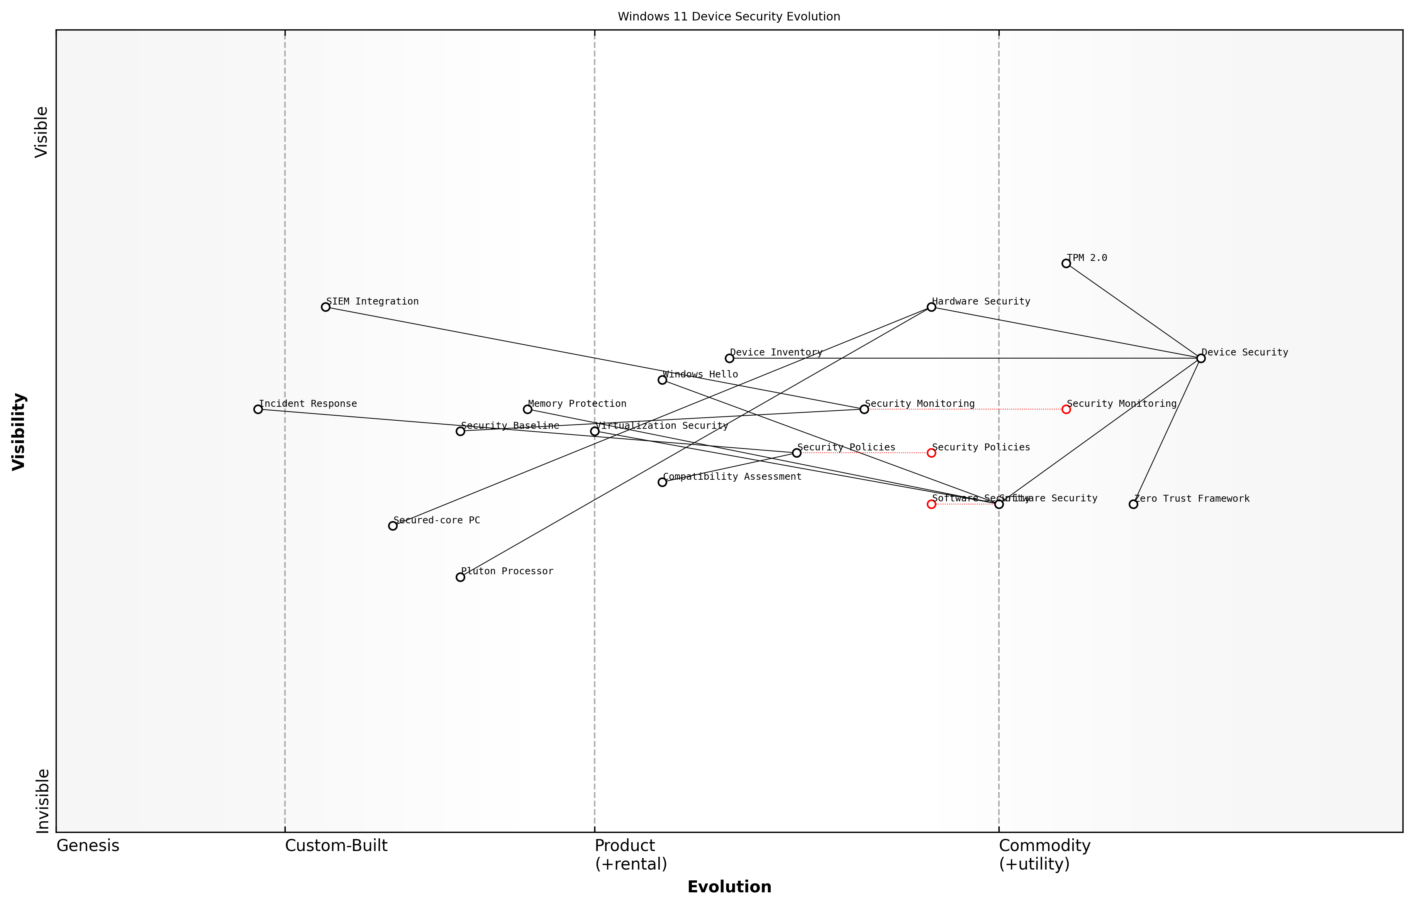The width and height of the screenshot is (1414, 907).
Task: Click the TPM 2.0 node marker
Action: point(1066,263)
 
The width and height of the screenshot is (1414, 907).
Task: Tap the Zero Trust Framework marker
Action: point(1133,504)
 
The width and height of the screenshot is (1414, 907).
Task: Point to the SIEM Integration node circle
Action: point(325,307)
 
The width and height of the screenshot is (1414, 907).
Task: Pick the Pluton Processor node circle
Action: point(460,577)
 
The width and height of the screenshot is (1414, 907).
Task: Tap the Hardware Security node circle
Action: point(931,307)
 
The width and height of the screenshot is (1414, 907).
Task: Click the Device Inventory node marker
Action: point(729,358)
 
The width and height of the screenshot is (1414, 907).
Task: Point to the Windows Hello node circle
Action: point(662,380)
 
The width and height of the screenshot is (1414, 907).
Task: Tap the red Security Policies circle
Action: point(931,453)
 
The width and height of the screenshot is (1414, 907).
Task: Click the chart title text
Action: point(729,17)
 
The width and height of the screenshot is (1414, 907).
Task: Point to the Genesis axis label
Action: point(88,846)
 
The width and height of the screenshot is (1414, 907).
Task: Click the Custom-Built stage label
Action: point(336,846)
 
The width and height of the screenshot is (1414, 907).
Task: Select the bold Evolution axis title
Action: point(729,887)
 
